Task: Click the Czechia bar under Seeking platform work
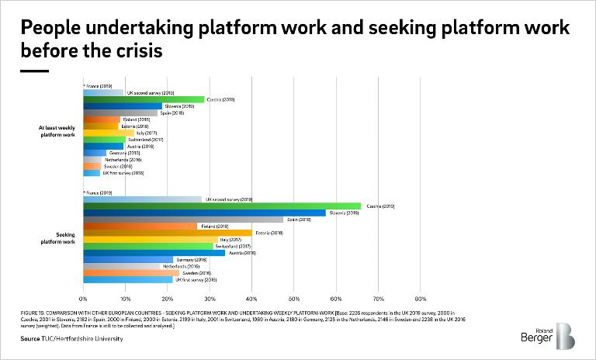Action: [221, 206]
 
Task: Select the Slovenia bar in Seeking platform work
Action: [203, 213]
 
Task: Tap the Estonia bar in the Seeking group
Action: [167, 233]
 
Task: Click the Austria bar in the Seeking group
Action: [154, 253]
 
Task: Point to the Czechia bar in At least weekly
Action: [143, 99]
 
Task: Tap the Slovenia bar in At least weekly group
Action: [122, 106]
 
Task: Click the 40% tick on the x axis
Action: [251, 299]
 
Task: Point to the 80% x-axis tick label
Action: [420, 299]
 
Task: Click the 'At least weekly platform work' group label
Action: [57, 131]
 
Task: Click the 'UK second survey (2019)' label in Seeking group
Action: [228, 199]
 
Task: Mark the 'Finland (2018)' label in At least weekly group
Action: [137, 119]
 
